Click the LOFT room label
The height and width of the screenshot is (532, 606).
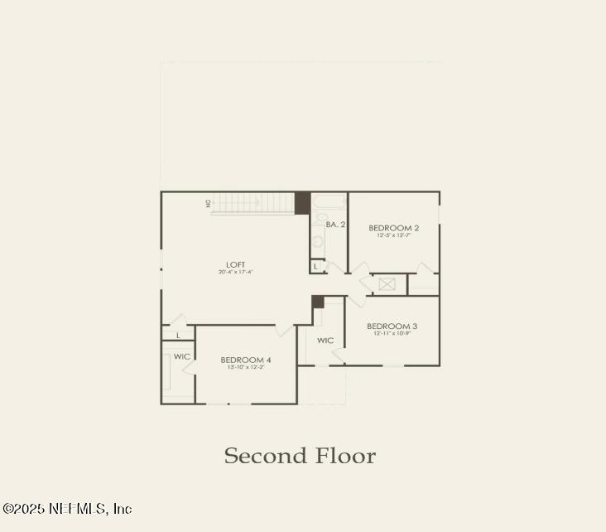[x=236, y=265]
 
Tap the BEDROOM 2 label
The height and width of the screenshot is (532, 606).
[x=394, y=228]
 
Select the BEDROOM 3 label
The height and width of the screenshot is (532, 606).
[x=392, y=326]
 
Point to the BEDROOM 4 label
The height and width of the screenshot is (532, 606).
[x=246, y=360]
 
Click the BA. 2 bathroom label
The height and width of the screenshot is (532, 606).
[x=335, y=225]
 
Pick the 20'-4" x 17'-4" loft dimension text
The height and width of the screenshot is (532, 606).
[x=236, y=273]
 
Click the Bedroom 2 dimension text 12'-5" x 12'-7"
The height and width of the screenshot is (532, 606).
[x=394, y=235]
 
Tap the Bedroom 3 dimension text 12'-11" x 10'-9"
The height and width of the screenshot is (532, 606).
[x=392, y=334]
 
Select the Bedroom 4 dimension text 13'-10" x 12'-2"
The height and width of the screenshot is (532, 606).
[x=246, y=367]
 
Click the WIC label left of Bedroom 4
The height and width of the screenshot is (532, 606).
[x=182, y=356]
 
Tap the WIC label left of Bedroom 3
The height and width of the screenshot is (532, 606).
[x=325, y=341]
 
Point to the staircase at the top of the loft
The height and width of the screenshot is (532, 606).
[x=252, y=203]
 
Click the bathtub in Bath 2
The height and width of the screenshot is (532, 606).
[x=330, y=202]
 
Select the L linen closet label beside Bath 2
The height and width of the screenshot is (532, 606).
[x=316, y=266]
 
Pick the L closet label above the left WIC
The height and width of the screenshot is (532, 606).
[x=179, y=335]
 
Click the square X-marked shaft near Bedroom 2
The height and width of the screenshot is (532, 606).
[x=387, y=284]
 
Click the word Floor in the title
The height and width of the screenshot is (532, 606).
[x=344, y=456]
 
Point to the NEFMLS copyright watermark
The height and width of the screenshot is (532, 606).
[x=67, y=508]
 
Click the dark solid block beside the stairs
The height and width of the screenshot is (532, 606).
[x=302, y=203]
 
